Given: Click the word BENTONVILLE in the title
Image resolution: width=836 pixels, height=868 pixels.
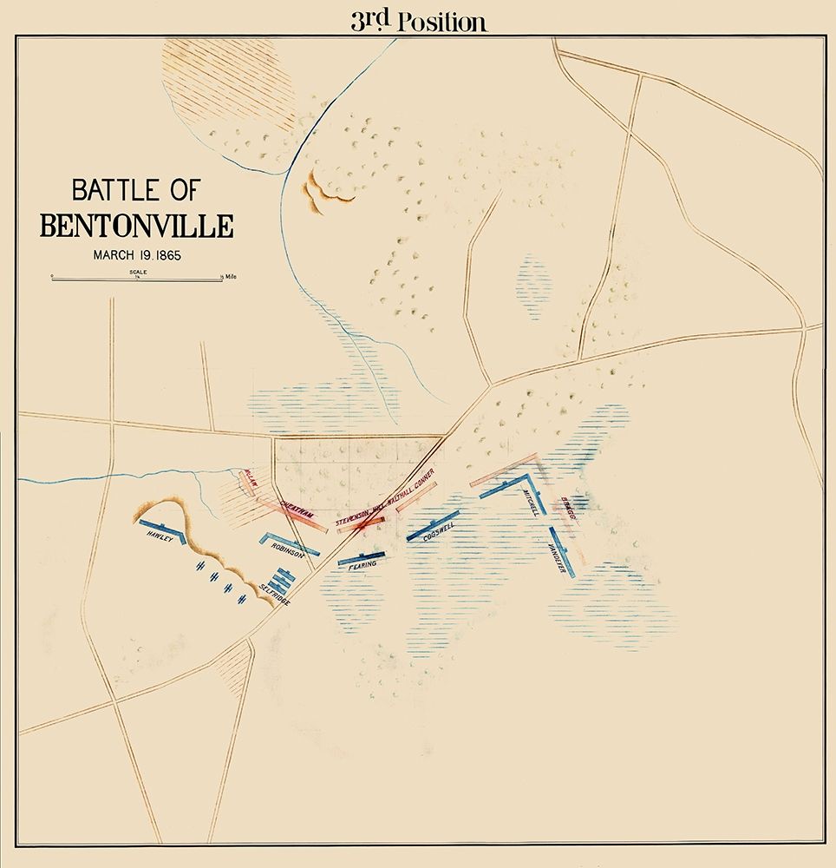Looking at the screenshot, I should [136, 226].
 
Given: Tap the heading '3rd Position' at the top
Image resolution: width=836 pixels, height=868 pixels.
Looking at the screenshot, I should [418, 22].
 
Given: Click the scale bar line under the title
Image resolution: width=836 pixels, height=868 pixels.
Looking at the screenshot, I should [136, 279].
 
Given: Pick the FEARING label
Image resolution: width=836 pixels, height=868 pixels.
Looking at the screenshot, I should [362, 565].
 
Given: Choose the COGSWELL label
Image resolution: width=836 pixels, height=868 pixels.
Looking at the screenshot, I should [440, 532].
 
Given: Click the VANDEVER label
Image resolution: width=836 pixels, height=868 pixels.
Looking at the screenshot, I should [556, 556].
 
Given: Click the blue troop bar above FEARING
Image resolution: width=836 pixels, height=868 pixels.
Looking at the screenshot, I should [360, 556].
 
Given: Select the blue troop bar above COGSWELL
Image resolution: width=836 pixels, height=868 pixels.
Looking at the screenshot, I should [433, 524].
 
